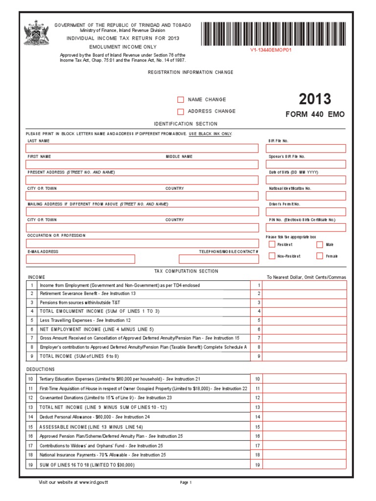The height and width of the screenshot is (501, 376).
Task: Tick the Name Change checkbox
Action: click(x=181, y=100)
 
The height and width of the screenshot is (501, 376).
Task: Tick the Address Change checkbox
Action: click(x=181, y=112)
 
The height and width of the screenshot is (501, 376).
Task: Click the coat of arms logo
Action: click(x=37, y=33)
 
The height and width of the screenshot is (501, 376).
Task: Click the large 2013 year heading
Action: click(x=315, y=99)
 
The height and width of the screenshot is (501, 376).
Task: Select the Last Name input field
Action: click(x=142, y=148)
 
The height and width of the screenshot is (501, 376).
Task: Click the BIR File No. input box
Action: click(x=306, y=148)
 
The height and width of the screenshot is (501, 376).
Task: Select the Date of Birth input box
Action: click(x=306, y=180)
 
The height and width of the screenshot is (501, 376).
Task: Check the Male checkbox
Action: click(x=320, y=245)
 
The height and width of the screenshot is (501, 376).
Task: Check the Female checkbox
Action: click(x=320, y=256)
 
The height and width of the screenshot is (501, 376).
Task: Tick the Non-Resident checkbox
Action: click(x=272, y=256)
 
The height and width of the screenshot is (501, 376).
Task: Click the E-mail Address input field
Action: click(x=81, y=259)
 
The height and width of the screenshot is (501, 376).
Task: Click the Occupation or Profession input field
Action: click(x=142, y=243)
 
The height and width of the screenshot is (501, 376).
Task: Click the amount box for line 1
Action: click(x=305, y=285)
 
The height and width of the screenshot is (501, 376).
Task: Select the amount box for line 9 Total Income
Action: click(x=305, y=357)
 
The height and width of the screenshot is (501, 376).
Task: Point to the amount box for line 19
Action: click(x=305, y=465)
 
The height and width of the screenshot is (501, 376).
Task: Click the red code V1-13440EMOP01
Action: click(x=271, y=49)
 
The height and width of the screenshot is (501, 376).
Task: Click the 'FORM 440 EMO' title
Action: click(x=315, y=114)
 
